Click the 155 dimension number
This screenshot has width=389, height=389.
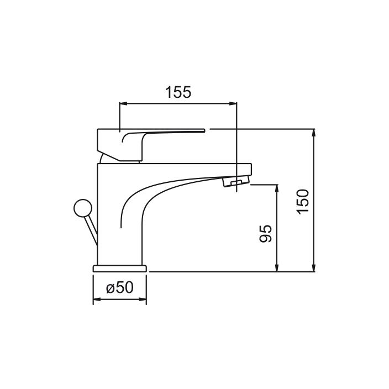[178, 92]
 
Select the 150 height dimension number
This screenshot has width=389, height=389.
[303, 202]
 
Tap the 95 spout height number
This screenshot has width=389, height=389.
[265, 233]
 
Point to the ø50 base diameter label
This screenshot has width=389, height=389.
[120, 287]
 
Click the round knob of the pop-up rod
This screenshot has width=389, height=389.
[83, 208]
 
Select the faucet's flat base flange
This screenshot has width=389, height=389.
[120, 269]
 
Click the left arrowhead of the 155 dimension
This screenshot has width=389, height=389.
[123, 103]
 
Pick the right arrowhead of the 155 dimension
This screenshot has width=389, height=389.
[233, 103]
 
